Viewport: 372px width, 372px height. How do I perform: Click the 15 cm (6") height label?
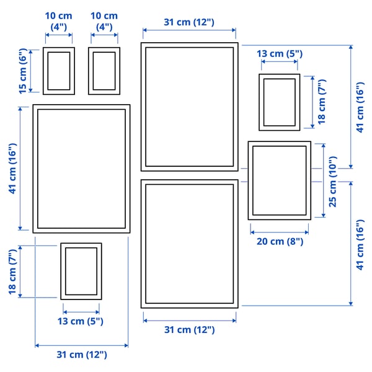[x=23, y=71]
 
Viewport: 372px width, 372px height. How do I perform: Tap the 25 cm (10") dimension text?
[x=333, y=180]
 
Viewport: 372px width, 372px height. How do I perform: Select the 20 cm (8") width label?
[x=280, y=241]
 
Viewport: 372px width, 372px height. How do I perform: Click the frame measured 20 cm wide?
[x=279, y=180]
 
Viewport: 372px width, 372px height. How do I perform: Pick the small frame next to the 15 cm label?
[x=59, y=71]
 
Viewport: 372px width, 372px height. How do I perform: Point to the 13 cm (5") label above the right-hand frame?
[x=280, y=54]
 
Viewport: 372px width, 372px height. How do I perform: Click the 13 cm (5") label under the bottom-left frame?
[x=81, y=321]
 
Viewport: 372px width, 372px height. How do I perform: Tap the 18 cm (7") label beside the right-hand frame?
[x=321, y=102]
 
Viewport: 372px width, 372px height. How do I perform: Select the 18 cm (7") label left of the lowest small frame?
[x=13, y=272]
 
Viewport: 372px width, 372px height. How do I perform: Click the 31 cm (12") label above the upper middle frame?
[x=189, y=22]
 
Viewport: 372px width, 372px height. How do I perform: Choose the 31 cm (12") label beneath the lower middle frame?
[x=189, y=330]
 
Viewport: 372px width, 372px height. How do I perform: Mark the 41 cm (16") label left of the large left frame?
[x=13, y=169]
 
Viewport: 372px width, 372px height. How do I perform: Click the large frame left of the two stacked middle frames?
[x=81, y=169]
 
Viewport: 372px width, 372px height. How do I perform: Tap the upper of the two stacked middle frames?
[x=189, y=107]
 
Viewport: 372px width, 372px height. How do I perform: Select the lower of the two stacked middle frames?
[x=189, y=244]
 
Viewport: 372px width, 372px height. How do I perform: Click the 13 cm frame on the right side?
[x=279, y=102]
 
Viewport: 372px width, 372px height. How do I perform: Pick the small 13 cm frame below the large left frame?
[x=81, y=272]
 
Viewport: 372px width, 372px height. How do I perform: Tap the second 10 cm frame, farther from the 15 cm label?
[x=104, y=71]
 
